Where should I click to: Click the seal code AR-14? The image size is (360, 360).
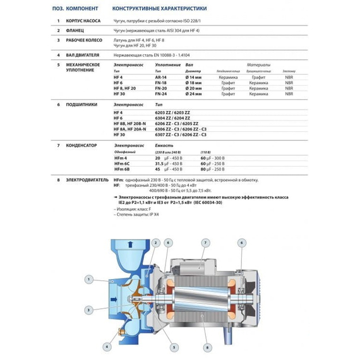coord(160,76)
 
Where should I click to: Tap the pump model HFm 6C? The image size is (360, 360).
coord(121,164)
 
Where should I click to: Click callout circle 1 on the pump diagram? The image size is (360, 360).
coord(88,279)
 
